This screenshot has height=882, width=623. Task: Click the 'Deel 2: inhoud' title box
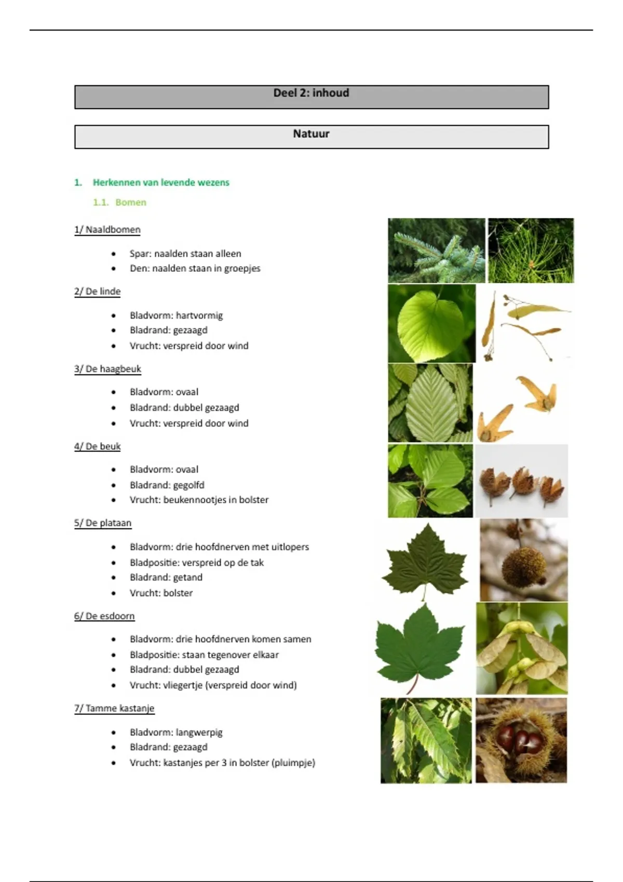[311, 97]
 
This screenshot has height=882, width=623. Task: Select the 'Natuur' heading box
[311, 136]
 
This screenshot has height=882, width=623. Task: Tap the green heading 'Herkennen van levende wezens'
[161, 182]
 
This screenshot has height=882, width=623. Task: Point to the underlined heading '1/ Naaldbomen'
[107, 229]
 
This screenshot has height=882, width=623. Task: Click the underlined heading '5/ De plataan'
[103, 523]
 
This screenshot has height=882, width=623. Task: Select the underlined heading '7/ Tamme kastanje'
[114, 708]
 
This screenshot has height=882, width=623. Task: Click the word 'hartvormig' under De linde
[199, 315]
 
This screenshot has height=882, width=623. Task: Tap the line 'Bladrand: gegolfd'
[167, 485]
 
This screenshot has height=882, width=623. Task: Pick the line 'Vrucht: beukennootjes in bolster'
[199, 500]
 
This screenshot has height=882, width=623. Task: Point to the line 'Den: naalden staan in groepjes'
[195, 268]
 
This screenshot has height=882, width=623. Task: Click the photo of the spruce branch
[436, 250]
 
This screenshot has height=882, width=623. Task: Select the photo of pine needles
[531, 250]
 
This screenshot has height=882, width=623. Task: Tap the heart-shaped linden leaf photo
[431, 323]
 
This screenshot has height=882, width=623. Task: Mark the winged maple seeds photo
[522, 649]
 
